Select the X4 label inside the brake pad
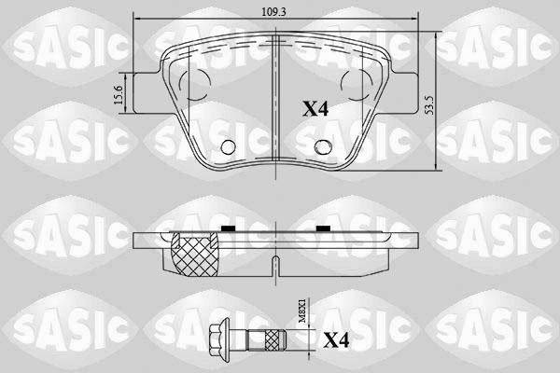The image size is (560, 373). tap(315, 109)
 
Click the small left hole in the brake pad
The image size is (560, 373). tap(229, 145)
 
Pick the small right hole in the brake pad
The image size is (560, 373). tap(322, 145)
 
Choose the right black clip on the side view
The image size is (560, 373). tap(322, 228)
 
